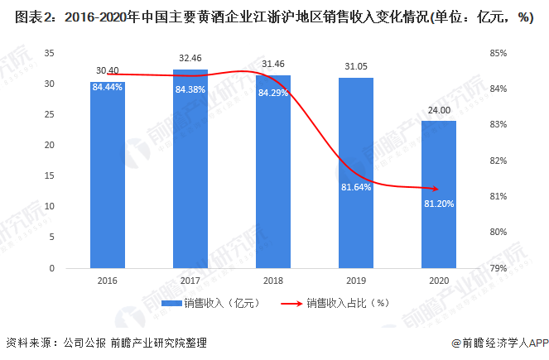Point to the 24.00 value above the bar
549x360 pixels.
coord(439,111)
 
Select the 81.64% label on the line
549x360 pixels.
coord(356,187)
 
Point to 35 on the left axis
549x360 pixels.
coord(50,53)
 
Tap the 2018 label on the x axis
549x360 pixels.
coord(273,281)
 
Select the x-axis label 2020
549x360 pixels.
coord(439,281)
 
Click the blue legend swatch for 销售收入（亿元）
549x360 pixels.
coord(171,303)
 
